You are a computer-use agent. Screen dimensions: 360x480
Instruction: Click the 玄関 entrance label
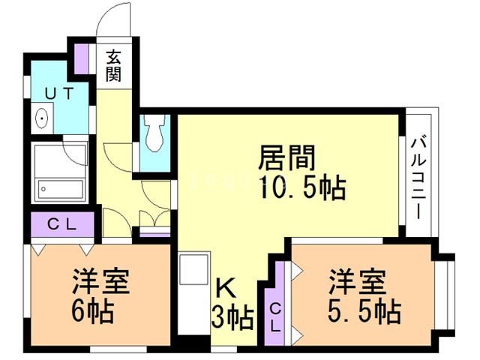[x=114, y=65]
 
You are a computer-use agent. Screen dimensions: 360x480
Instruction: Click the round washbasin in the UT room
[x=42, y=118]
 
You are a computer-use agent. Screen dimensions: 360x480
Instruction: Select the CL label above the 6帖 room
[x=63, y=223]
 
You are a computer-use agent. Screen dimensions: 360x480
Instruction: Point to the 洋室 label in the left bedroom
[x=101, y=283]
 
